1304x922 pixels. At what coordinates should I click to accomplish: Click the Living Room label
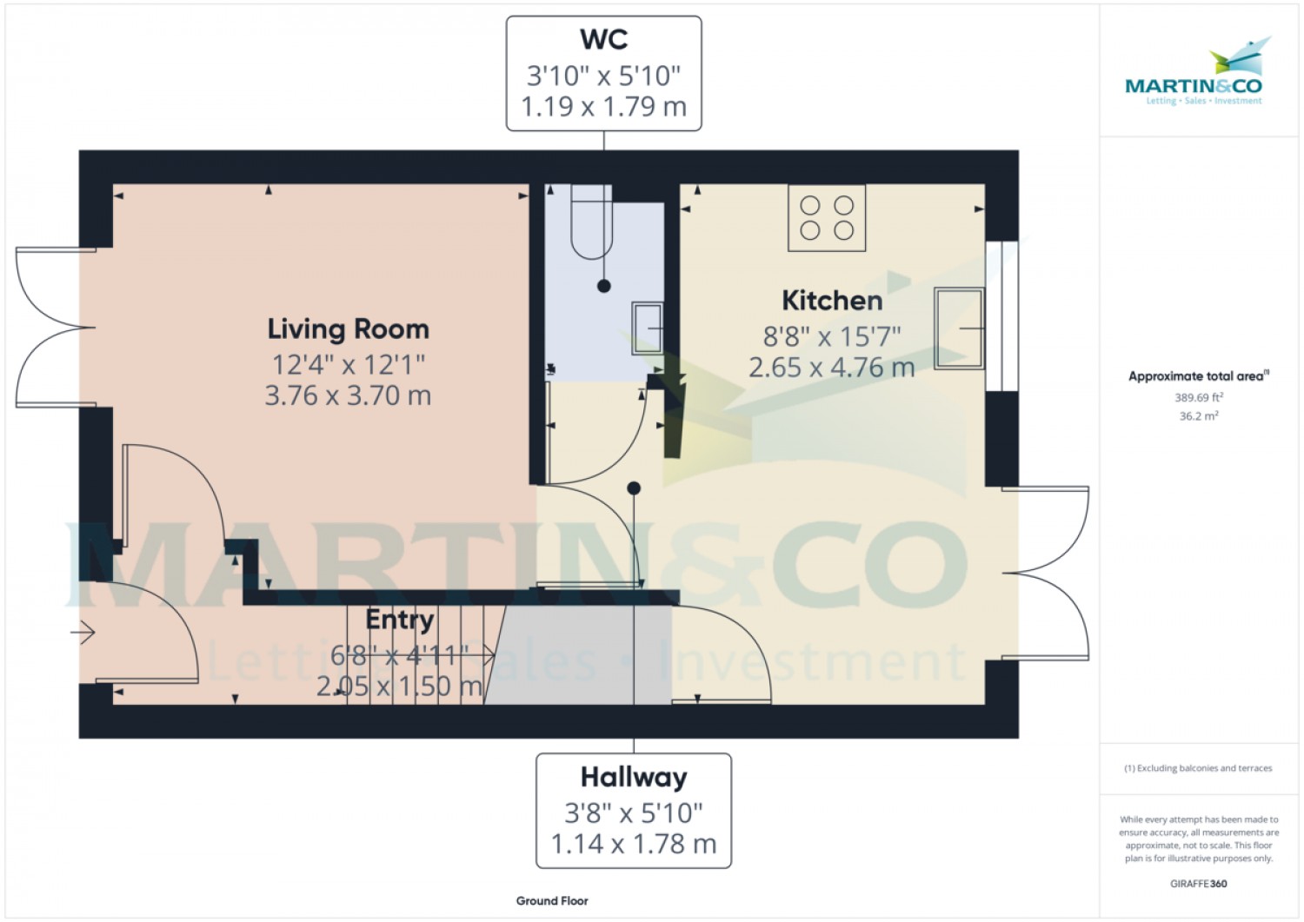coord(348,329)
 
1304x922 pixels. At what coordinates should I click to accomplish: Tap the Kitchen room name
coord(832,301)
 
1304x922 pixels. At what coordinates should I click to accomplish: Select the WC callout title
coord(603,40)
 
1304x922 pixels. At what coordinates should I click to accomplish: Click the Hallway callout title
coord(634,778)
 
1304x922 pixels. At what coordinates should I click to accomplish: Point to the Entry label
coord(399,620)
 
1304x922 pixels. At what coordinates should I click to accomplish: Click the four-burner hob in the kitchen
coord(827,218)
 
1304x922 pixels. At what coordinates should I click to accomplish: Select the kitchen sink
coord(960,328)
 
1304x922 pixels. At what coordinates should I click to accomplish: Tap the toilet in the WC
coord(591,222)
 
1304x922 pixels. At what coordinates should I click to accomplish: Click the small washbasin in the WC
coord(648,328)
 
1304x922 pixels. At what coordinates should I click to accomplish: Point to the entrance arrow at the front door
coord(83,632)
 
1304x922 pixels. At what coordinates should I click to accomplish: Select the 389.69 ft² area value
coord(1199,397)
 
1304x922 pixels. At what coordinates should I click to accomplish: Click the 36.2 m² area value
coord(1199,416)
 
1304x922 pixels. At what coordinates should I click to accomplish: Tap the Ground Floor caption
coord(552,901)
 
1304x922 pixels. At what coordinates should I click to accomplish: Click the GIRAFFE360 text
coord(1199,884)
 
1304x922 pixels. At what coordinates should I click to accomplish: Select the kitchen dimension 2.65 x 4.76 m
coord(832,368)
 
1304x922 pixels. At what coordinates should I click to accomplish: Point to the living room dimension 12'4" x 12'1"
coord(348,365)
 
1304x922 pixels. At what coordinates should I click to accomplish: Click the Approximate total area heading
coord(1199,376)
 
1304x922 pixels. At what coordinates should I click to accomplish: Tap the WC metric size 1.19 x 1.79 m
coord(603,107)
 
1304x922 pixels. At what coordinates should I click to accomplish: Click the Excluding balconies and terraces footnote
coord(1198,768)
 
